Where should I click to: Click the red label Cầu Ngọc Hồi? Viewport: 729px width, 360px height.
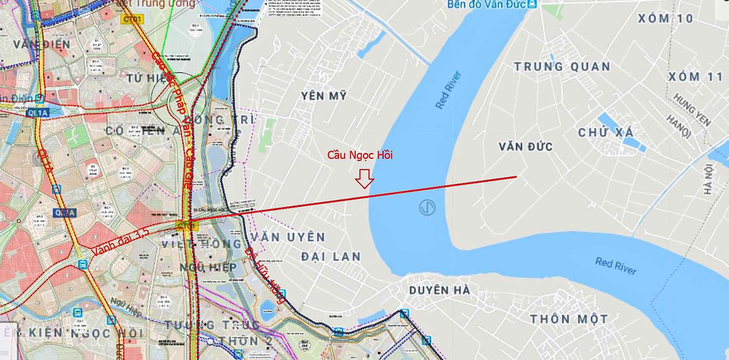click(x=360, y=155)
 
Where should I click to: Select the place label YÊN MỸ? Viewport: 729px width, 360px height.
click(x=324, y=96)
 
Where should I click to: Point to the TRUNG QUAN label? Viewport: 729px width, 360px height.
click(x=562, y=67)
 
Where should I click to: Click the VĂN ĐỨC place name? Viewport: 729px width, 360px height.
click(x=525, y=147)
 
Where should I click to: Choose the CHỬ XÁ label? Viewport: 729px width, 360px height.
click(x=606, y=133)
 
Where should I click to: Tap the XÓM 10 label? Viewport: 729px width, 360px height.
click(x=665, y=18)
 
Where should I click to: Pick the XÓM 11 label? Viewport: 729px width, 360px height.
click(x=695, y=77)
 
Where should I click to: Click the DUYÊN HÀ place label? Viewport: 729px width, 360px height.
click(x=440, y=291)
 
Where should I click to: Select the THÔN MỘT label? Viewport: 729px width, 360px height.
click(x=569, y=319)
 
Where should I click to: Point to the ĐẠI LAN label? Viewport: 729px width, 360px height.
click(x=331, y=257)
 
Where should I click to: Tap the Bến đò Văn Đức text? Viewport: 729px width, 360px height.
click(x=486, y=5)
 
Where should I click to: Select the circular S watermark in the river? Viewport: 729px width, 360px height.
click(x=428, y=208)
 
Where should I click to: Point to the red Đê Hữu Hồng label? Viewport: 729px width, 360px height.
click(x=265, y=275)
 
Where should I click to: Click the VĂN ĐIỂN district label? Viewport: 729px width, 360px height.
click(x=42, y=44)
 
